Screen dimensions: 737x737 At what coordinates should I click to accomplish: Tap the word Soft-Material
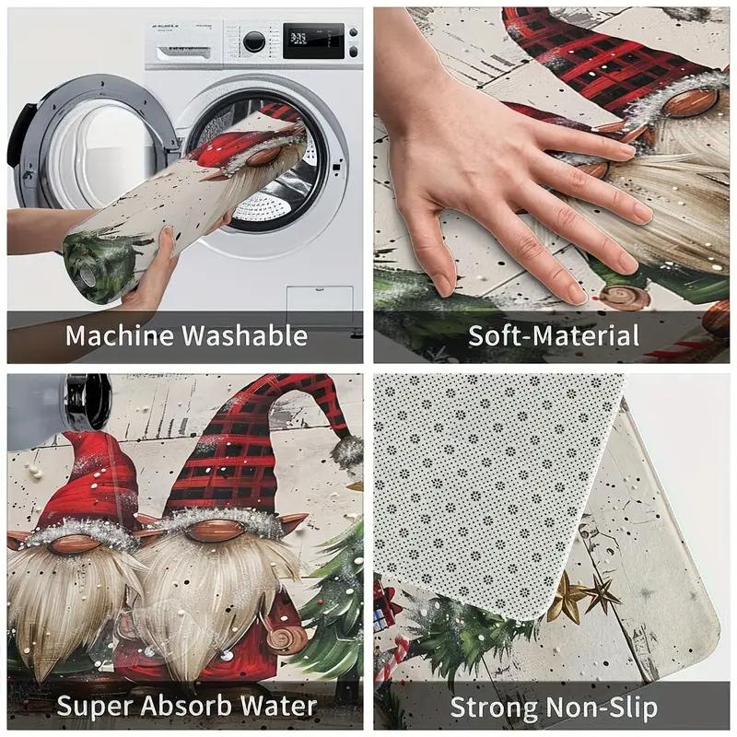point(554,335)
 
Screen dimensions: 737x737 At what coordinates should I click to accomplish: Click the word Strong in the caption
point(493,708)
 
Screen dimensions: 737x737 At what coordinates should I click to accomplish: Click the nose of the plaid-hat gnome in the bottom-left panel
point(214,532)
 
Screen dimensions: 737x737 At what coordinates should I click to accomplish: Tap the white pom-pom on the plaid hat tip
point(348,450)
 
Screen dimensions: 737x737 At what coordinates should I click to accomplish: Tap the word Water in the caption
point(282,708)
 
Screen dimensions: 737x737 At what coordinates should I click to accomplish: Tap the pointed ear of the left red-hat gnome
point(17,540)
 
